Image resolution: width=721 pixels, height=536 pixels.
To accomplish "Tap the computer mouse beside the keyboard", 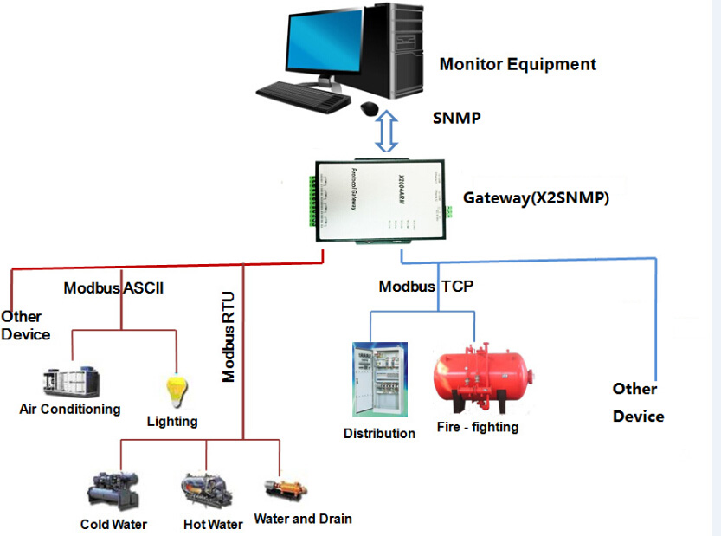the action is pos(370,108).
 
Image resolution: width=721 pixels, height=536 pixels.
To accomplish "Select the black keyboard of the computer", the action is pos(303,96).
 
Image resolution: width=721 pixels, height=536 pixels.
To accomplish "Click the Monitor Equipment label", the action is pos(518,64).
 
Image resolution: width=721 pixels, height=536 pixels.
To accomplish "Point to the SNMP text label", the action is pos(457,119).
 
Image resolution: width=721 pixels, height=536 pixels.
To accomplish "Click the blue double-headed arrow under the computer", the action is pos(387,131).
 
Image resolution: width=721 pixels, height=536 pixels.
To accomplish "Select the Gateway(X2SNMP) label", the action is pos(536,197).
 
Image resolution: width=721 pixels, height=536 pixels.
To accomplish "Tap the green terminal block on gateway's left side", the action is pos(312,201).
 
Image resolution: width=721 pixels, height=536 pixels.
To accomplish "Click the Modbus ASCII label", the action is pos(113,288).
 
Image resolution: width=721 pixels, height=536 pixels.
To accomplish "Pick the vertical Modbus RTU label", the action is pos(229,337).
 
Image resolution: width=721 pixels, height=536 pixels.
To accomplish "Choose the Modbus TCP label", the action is pos(426,286).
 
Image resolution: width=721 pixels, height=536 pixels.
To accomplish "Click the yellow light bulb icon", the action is pos(177,391).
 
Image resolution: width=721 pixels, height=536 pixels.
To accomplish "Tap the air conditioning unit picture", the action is pos(71,383).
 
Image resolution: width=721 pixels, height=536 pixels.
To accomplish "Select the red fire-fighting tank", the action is pos(483,377).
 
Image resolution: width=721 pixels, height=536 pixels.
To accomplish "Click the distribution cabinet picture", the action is pos(380,379).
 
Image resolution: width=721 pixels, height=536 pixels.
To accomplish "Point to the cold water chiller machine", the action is pos(113,490).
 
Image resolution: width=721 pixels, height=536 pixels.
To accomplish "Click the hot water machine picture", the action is pos(207,490).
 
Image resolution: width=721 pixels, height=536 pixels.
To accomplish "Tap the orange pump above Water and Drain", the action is pos(286,489).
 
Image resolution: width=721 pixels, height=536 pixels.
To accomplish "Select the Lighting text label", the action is pos(172,422).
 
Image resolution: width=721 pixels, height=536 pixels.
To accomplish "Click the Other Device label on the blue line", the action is pos(638,403).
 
